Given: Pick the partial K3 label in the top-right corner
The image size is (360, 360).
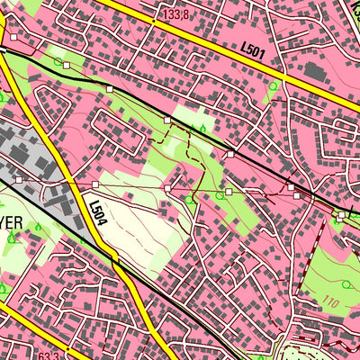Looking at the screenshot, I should [351, 9].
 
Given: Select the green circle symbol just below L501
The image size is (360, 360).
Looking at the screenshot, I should [273, 86].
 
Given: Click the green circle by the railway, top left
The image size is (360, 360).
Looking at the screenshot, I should [58, 62].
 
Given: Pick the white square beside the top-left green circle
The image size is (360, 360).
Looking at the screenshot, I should [67, 66].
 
